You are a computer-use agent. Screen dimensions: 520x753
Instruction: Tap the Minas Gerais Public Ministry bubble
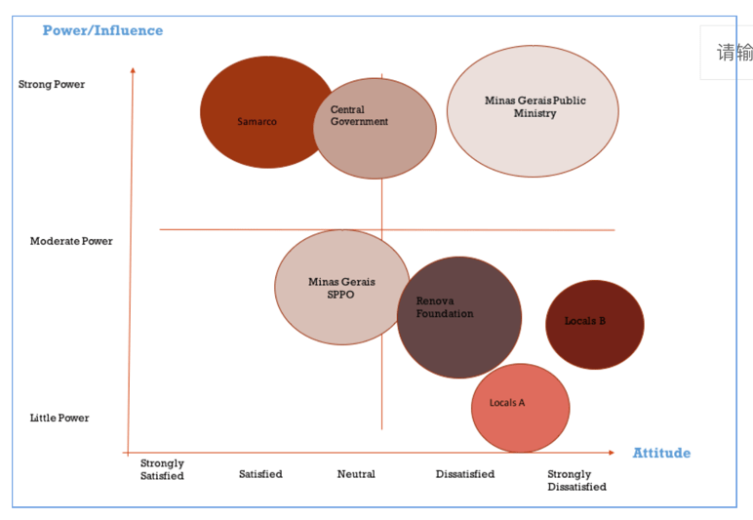pyautogui.click(x=533, y=111)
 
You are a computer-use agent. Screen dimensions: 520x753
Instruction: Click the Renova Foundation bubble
pyautogui.click(x=458, y=317)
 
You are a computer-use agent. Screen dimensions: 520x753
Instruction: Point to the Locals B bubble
pyautogui.click(x=594, y=324)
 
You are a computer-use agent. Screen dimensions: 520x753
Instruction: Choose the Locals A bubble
pyautogui.click(x=520, y=408)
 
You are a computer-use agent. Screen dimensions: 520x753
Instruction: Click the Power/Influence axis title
pyautogui.click(x=102, y=30)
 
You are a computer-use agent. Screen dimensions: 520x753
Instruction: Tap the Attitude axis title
pyautogui.click(x=661, y=453)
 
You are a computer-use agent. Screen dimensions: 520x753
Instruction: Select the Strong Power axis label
pyautogui.click(x=52, y=84)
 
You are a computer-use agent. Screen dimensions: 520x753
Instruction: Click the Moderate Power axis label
pyautogui.click(x=71, y=241)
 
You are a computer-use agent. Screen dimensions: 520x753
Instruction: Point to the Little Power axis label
pyautogui.click(x=59, y=418)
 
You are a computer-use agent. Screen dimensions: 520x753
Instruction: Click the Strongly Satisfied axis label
pyautogui.click(x=162, y=469)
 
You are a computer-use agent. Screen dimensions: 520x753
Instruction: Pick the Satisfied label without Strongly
pyautogui.click(x=260, y=474)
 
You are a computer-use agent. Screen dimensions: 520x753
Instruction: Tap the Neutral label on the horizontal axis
pyautogui.click(x=356, y=474)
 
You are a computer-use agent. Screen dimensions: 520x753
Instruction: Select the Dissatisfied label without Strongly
pyautogui.click(x=464, y=474)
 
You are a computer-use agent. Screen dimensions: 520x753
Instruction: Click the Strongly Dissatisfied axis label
pyautogui.click(x=575, y=480)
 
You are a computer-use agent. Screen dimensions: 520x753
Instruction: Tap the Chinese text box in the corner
pyautogui.click(x=732, y=53)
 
